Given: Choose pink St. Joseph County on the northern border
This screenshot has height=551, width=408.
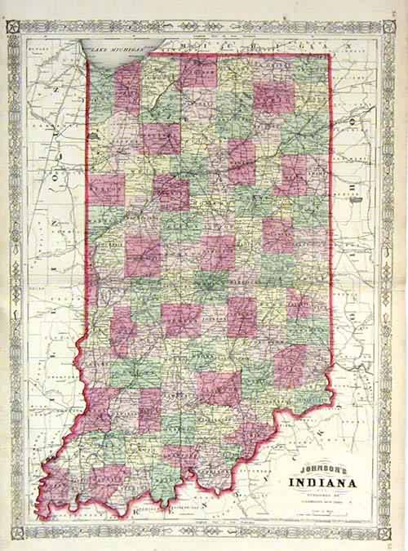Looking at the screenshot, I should [x=197, y=72].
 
